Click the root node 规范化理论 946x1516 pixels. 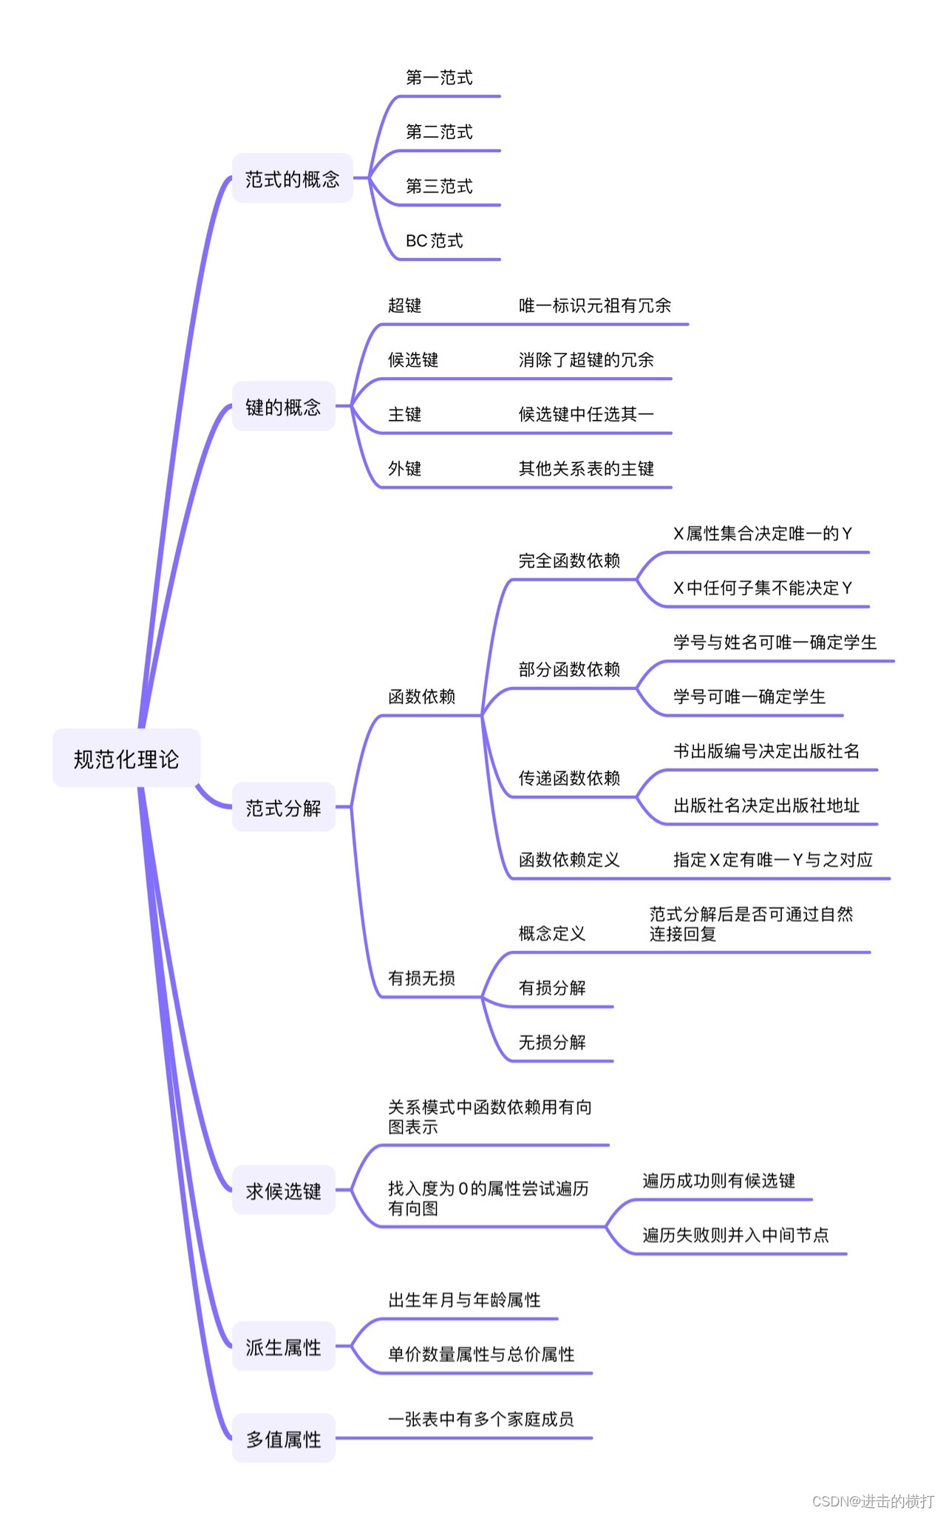(x=126, y=759)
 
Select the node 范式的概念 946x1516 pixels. (x=292, y=178)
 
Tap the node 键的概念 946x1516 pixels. (x=283, y=407)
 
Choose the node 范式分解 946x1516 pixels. (x=283, y=808)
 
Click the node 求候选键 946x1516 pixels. (x=283, y=1191)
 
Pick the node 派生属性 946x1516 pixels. (x=283, y=1347)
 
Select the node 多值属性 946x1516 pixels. (x=283, y=1439)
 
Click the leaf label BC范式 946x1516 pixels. (x=434, y=240)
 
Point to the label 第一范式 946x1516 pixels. (x=439, y=77)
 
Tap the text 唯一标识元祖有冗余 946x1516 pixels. (x=594, y=305)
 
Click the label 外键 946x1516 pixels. (x=404, y=468)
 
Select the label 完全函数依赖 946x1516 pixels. (x=569, y=561)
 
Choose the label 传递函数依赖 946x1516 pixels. (x=569, y=778)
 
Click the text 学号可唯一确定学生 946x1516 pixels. (x=749, y=697)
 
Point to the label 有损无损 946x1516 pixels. (x=421, y=978)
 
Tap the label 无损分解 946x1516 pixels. (x=552, y=1042)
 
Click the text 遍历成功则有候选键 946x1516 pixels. (x=718, y=1180)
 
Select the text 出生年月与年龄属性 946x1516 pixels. (x=464, y=1299)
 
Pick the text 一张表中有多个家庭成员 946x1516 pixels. (x=480, y=1418)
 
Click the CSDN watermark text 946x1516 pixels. (x=873, y=1500)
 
